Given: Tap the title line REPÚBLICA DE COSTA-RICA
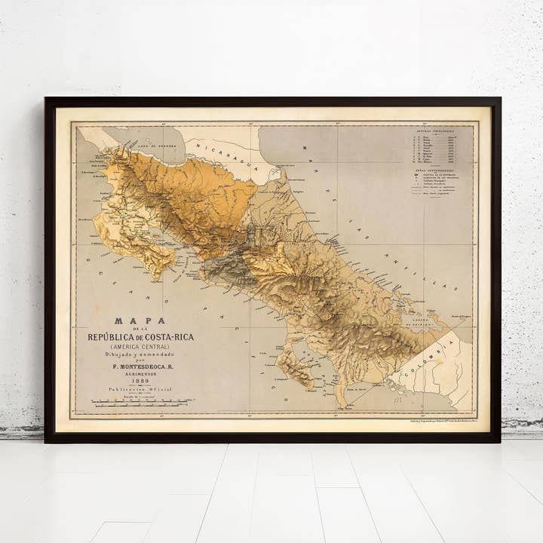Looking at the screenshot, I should coord(140,336).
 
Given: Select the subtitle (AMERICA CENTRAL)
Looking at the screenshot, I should coord(140,346).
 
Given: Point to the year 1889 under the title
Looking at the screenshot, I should coord(140,381).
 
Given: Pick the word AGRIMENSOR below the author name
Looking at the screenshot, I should coord(140,373).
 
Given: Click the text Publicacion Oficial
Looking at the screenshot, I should coord(140,389).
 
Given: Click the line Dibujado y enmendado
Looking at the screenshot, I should coord(140,354).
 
